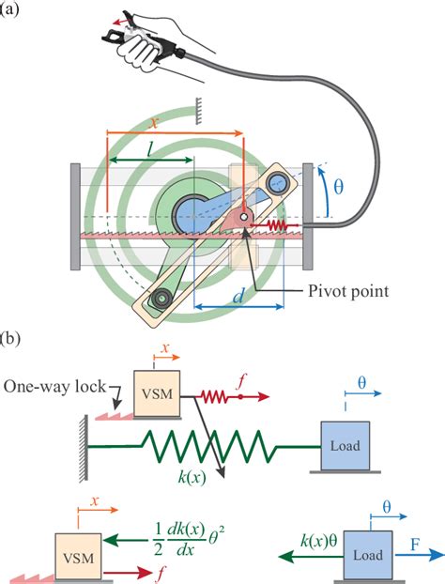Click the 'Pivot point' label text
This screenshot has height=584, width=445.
tap(348, 291)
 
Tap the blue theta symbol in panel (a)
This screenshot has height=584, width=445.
tap(339, 187)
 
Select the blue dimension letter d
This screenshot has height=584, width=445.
tap(238, 297)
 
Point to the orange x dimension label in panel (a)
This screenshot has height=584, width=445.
tap(154, 123)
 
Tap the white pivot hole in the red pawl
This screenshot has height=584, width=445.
tap(243, 217)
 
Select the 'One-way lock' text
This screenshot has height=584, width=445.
tap(54, 387)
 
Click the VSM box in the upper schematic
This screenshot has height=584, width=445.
tap(157, 393)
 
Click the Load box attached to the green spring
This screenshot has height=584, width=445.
tap(345, 445)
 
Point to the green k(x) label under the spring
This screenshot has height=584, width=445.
tap(192, 477)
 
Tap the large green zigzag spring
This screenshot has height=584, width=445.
tap(208, 446)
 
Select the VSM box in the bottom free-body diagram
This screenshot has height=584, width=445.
tap(78, 557)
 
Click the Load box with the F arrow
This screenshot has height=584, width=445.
tap(367, 555)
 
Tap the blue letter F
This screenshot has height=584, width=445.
tap(414, 545)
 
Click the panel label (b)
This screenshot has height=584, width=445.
tap(9, 340)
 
